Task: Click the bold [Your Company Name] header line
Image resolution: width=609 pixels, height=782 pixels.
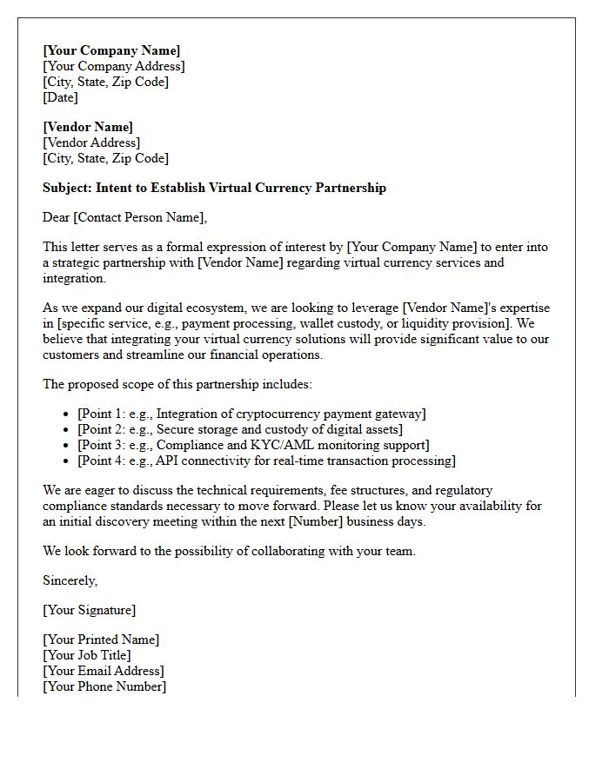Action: point(111,50)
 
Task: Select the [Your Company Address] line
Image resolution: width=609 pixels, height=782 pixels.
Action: point(113,66)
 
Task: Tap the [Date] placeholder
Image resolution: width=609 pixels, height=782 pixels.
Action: point(60,97)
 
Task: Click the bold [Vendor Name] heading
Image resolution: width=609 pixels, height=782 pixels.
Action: point(88,127)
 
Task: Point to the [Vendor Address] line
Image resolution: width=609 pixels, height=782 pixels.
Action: point(91,142)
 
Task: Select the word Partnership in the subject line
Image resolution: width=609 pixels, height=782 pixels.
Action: point(351,188)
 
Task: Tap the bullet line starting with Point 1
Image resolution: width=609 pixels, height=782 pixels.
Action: point(251,414)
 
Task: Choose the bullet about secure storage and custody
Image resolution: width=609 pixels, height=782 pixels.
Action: point(240,429)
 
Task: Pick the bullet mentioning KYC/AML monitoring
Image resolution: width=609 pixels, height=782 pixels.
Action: point(253,445)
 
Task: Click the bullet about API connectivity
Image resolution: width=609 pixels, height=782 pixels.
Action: point(266,461)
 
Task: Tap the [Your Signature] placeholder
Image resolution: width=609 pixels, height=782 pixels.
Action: point(89,610)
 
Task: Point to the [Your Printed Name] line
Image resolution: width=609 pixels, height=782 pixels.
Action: point(101,640)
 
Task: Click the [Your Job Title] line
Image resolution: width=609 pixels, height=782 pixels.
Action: point(87,655)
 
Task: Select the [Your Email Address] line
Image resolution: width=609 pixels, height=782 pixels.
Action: point(103,671)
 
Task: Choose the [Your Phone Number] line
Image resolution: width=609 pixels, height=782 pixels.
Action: point(104,686)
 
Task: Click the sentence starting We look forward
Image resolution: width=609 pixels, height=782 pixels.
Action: point(229,551)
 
